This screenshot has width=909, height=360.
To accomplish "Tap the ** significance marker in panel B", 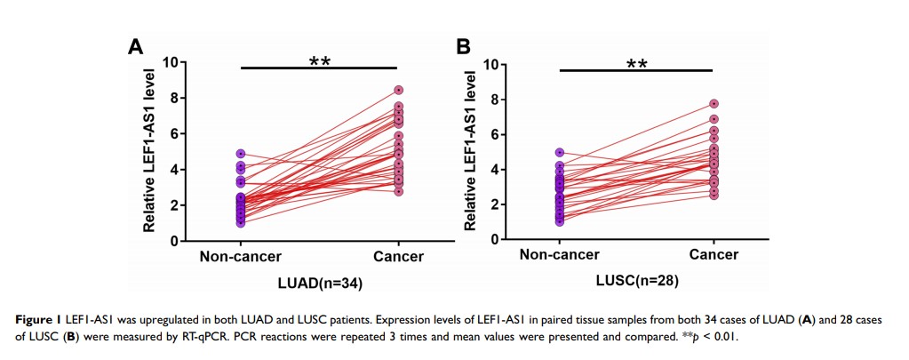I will coord(636,65).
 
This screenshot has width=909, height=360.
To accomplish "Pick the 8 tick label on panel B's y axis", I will coord(495,100).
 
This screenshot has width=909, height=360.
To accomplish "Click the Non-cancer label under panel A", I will coord(240,257).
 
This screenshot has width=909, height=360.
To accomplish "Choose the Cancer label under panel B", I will coord(714,255).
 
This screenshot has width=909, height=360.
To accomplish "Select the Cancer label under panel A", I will coord(398,257).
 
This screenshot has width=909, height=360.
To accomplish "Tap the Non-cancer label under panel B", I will coord(559,255).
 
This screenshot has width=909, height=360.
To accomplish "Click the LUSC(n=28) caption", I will coord(635,281).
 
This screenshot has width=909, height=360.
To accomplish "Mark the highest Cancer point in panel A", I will coord(399,90).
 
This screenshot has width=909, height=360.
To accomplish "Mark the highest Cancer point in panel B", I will coord(714,104).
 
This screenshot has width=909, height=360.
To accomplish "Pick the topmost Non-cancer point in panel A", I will coord(240,154).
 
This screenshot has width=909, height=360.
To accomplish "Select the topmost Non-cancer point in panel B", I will coord(559,153).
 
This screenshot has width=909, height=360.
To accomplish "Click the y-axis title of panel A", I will coord(150,151).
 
